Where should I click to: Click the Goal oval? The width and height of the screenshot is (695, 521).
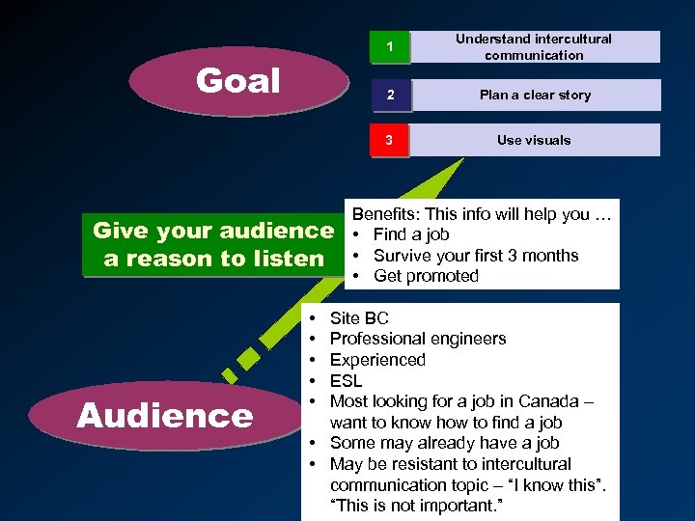pyautogui.click(x=237, y=81)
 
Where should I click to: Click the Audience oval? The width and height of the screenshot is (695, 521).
pyautogui.click(x=164, y=416)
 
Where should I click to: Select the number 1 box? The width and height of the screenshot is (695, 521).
pyautogui.click(x=389, y=47)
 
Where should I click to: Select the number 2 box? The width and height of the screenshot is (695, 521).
pyautogui.click(x=389, y=95)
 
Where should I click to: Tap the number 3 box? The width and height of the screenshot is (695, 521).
pyautogui.click(x=389, y=140)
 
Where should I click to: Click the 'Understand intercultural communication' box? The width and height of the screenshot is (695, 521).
pyautogui.click(x=534, y=47)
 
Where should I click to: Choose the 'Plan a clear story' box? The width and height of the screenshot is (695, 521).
pyautogui.click(x=535, y=95)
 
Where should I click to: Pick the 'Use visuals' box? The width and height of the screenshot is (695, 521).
pyautogui.click(x=534, y=140)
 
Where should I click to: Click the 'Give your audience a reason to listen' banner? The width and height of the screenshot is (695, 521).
pyautogui.click(x=212, y=244)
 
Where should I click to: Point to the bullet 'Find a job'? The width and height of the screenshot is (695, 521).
pyautogui.click(x=411, y=234)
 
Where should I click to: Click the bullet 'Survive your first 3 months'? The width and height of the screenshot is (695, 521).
pyautogui.click(x=476, y=256)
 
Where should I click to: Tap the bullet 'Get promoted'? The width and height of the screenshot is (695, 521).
pyautogui.click(x=426, y=276)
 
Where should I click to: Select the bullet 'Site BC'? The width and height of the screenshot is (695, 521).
pyautogui.click(x=359, y=318)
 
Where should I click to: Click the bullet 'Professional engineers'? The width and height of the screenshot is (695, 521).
pyautogui.click(x=417, y=339)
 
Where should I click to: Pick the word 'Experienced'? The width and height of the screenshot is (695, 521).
pyautogui.click(x=377, y=360)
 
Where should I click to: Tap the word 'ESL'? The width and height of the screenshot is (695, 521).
pyautogui.click(x=347, y=381)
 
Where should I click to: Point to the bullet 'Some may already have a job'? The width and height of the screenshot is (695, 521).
pyautogui.click(x=444, y=443)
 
